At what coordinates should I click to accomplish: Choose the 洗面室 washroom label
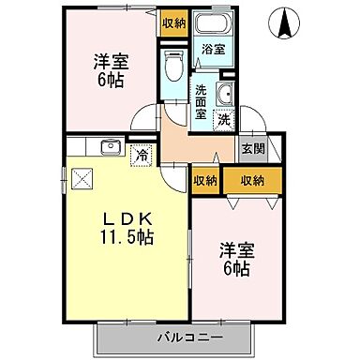coord(202,101)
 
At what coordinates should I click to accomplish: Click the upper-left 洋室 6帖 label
coord(110,71)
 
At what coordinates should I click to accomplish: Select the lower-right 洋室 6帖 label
coord(235,260)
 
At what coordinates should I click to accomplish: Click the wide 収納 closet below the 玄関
coord(250,181)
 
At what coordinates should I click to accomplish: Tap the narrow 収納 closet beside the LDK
coord(205,181)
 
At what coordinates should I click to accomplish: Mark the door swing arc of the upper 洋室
coord(142,119)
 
